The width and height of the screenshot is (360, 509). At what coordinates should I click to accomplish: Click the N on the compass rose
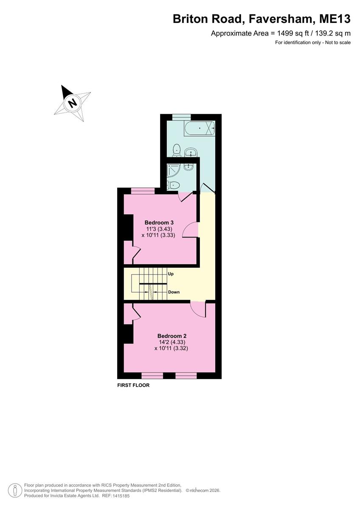73,103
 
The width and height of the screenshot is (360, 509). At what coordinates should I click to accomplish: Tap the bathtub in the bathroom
199,129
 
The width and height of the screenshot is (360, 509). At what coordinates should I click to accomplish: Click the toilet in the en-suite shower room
173,185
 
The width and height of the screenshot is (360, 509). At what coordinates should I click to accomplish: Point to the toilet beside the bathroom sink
177,150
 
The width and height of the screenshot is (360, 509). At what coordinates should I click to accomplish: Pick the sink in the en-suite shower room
188,168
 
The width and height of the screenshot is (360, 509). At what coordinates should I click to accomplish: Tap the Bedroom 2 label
172,336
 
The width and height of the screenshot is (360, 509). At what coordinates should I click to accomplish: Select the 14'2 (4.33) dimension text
172,342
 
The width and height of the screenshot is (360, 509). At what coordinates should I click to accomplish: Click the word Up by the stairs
171,274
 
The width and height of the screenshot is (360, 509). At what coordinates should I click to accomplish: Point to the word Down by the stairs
174,292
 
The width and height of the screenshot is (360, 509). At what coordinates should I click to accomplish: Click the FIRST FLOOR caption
133,385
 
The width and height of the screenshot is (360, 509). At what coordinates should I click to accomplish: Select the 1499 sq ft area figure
293,33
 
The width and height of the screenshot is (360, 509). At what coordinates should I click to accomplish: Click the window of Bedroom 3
143,191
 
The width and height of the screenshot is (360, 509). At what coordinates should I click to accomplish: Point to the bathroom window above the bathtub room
181,117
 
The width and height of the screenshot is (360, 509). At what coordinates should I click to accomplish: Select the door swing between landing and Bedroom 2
198,309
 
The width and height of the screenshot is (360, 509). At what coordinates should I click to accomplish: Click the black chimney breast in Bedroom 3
128,227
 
